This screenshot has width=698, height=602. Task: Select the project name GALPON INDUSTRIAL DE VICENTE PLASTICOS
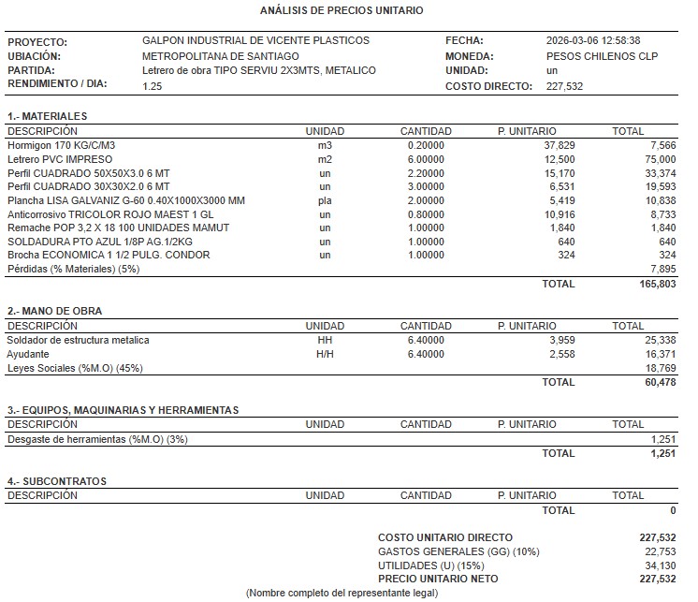coord(255,41)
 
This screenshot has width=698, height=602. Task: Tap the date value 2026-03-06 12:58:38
coord(592,41)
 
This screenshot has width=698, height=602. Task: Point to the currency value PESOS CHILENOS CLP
coord(601,56)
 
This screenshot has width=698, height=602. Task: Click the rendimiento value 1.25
coord(152,86)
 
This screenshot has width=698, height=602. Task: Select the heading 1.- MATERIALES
coord(48,116)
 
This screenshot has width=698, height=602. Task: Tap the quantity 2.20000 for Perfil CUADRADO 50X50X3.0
coord(426,173)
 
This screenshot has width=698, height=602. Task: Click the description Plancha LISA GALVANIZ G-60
coord(125,200)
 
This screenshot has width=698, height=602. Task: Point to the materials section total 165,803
coord(654,284)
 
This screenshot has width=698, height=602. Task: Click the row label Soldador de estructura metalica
coord(78,340)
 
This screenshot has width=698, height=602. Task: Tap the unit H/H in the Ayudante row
coord(325,354)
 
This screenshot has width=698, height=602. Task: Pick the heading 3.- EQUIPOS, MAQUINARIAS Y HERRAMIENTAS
coord(123,410)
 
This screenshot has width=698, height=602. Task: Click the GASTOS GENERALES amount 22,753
coord(656,551)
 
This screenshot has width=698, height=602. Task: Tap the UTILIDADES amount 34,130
coord(656,565)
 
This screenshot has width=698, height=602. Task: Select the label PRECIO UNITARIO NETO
coord(438,580)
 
